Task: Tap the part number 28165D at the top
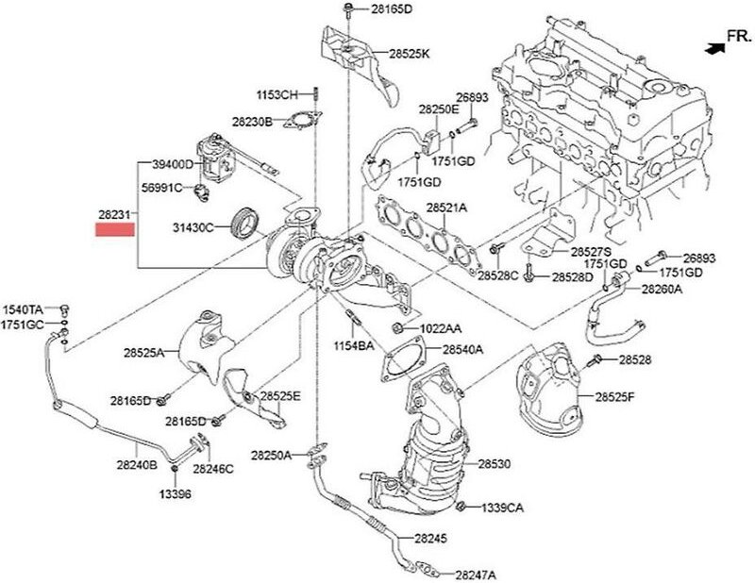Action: pos(384,10)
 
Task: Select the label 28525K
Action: pos(409,55)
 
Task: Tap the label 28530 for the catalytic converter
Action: pos(494,465)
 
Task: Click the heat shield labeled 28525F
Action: pos(551,389)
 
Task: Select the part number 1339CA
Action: pos(502,508)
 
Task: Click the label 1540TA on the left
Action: pos(23,309)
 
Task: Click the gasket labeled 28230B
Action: pos(300,122)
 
